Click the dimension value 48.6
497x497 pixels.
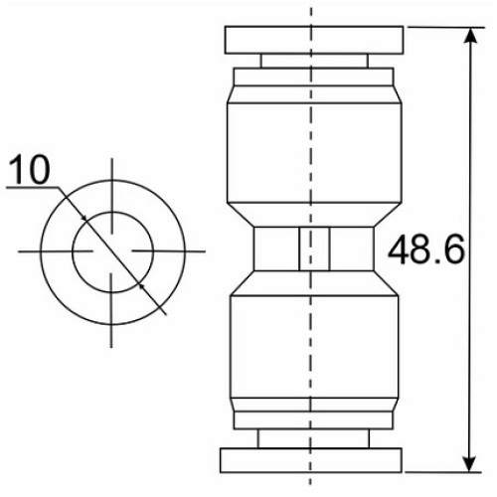click(x=426, y=249)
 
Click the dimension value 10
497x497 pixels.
click(x=30, y=170)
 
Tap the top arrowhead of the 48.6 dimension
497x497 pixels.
click(x=470, y=36)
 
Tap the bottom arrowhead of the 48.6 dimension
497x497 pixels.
click(x=470, y=463)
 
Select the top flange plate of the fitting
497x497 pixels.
click(x=314, y=40)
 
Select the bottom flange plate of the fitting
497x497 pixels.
click(x=311, y=460)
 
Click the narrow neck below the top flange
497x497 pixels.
click(x=314, y=61)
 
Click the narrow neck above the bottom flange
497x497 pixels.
click(x=313, y=438)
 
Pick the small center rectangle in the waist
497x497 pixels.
click(x=314, y=248)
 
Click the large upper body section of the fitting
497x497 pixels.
click(x=314, y=153)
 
